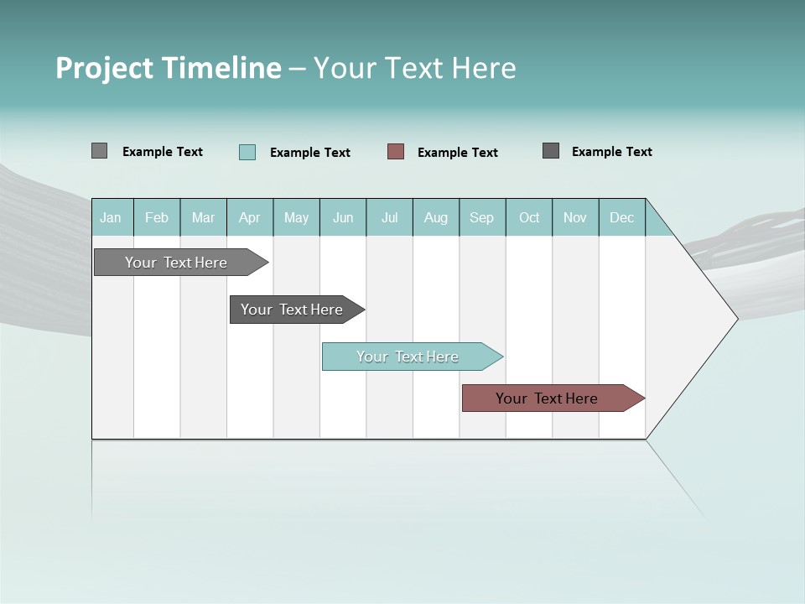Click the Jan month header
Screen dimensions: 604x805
coord(112,217)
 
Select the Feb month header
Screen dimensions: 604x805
coord(157,217)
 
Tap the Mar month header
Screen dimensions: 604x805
coord(203,217)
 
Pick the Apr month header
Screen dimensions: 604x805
coord(250,217)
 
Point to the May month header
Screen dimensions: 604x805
coord(296,217)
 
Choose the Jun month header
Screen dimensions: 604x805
coord(343,217)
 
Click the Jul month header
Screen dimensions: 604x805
coord(389,217)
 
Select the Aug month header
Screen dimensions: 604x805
coord(436,217)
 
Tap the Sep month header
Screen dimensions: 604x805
coord(482,217)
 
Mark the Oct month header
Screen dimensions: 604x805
coord(529,217)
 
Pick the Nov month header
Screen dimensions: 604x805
coord(575,217)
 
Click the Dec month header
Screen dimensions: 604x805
coord(622,217)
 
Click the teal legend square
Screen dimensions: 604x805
coord(247,152)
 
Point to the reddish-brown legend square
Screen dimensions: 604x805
coord(396,152)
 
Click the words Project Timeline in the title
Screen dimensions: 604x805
coord(169,68)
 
